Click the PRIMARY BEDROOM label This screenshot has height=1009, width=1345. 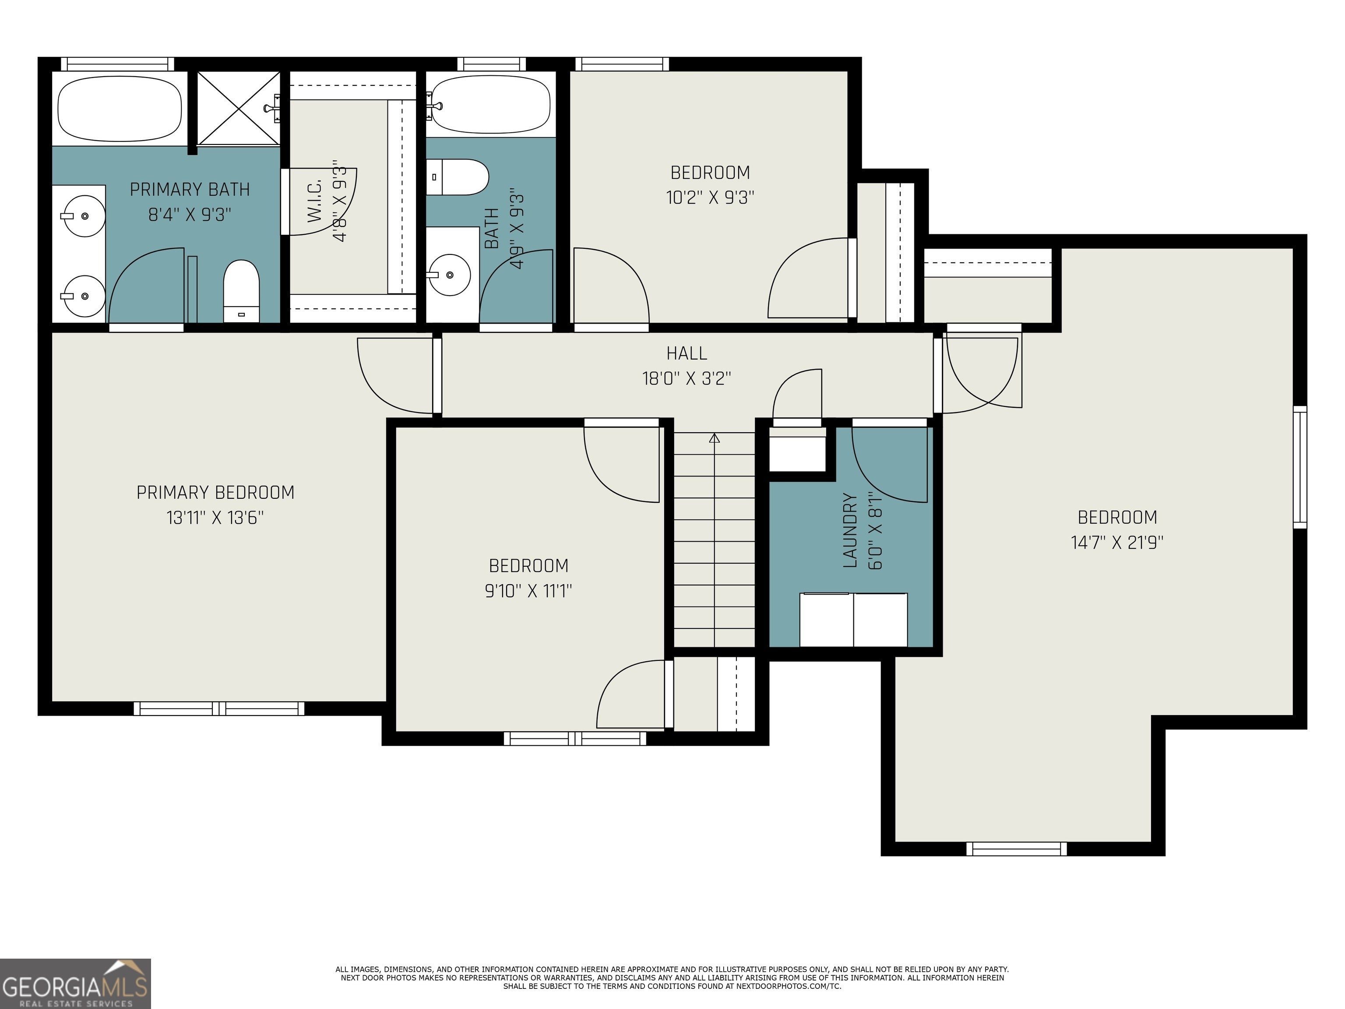[x=215, y=493]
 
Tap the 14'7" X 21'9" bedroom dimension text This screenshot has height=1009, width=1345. [x=1117, y=543]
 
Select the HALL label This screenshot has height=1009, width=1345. [x=687, y=353]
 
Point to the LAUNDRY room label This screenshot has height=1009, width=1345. [x=850, y=530]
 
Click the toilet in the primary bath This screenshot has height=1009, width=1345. [x=241, y=291]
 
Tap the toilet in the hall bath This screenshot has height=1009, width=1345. [x=457, y=177]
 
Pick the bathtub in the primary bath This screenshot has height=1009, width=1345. [x=120, y=108]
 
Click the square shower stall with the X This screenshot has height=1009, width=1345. [x=238, y=108]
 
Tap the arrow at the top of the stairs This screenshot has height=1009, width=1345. [x=715, y=437]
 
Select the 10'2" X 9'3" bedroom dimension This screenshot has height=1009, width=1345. [x=710, y=198]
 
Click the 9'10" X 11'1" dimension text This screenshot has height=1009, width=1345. [x=528, y=591]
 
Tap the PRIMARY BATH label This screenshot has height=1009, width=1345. [x=190, y=190]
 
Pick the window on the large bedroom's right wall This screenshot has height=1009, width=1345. [x=1299, y=467]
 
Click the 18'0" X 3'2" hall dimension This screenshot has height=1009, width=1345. [x=687, y=379]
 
